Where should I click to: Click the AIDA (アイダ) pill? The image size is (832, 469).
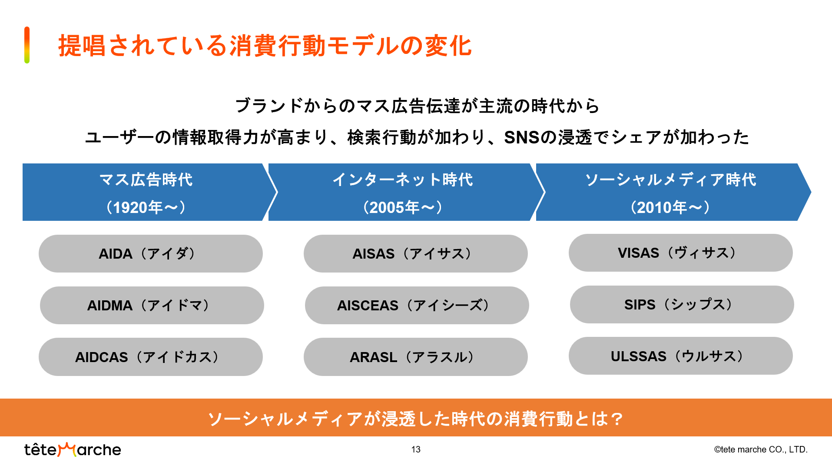[151, 254]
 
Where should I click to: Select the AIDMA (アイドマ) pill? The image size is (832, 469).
[152, 305]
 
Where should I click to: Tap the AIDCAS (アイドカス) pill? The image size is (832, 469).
[151, 357]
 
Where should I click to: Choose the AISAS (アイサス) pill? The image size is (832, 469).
[416, 254]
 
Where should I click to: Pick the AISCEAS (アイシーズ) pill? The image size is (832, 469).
[417, 305]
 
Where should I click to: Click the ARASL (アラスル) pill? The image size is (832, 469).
[416, 357]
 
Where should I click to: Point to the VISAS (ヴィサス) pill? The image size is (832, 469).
[681, 253]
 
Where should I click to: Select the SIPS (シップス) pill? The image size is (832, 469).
[682, 304]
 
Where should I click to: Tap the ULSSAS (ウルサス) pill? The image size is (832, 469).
[681, 356]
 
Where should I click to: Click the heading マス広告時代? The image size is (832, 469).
[146, 180]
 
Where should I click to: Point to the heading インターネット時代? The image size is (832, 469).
[403, 180]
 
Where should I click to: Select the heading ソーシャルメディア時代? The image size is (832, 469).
[671, 180]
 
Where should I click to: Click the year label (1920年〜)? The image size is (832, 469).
[146, 207]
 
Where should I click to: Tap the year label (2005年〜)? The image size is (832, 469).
[403, 207]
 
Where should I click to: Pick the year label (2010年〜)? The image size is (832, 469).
[670, 207]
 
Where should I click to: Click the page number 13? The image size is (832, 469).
[416, 449]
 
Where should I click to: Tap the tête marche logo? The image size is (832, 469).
[73, 449]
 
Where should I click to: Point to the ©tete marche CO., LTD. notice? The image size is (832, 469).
[761, 449]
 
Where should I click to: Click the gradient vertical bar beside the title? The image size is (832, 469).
[27, 45]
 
